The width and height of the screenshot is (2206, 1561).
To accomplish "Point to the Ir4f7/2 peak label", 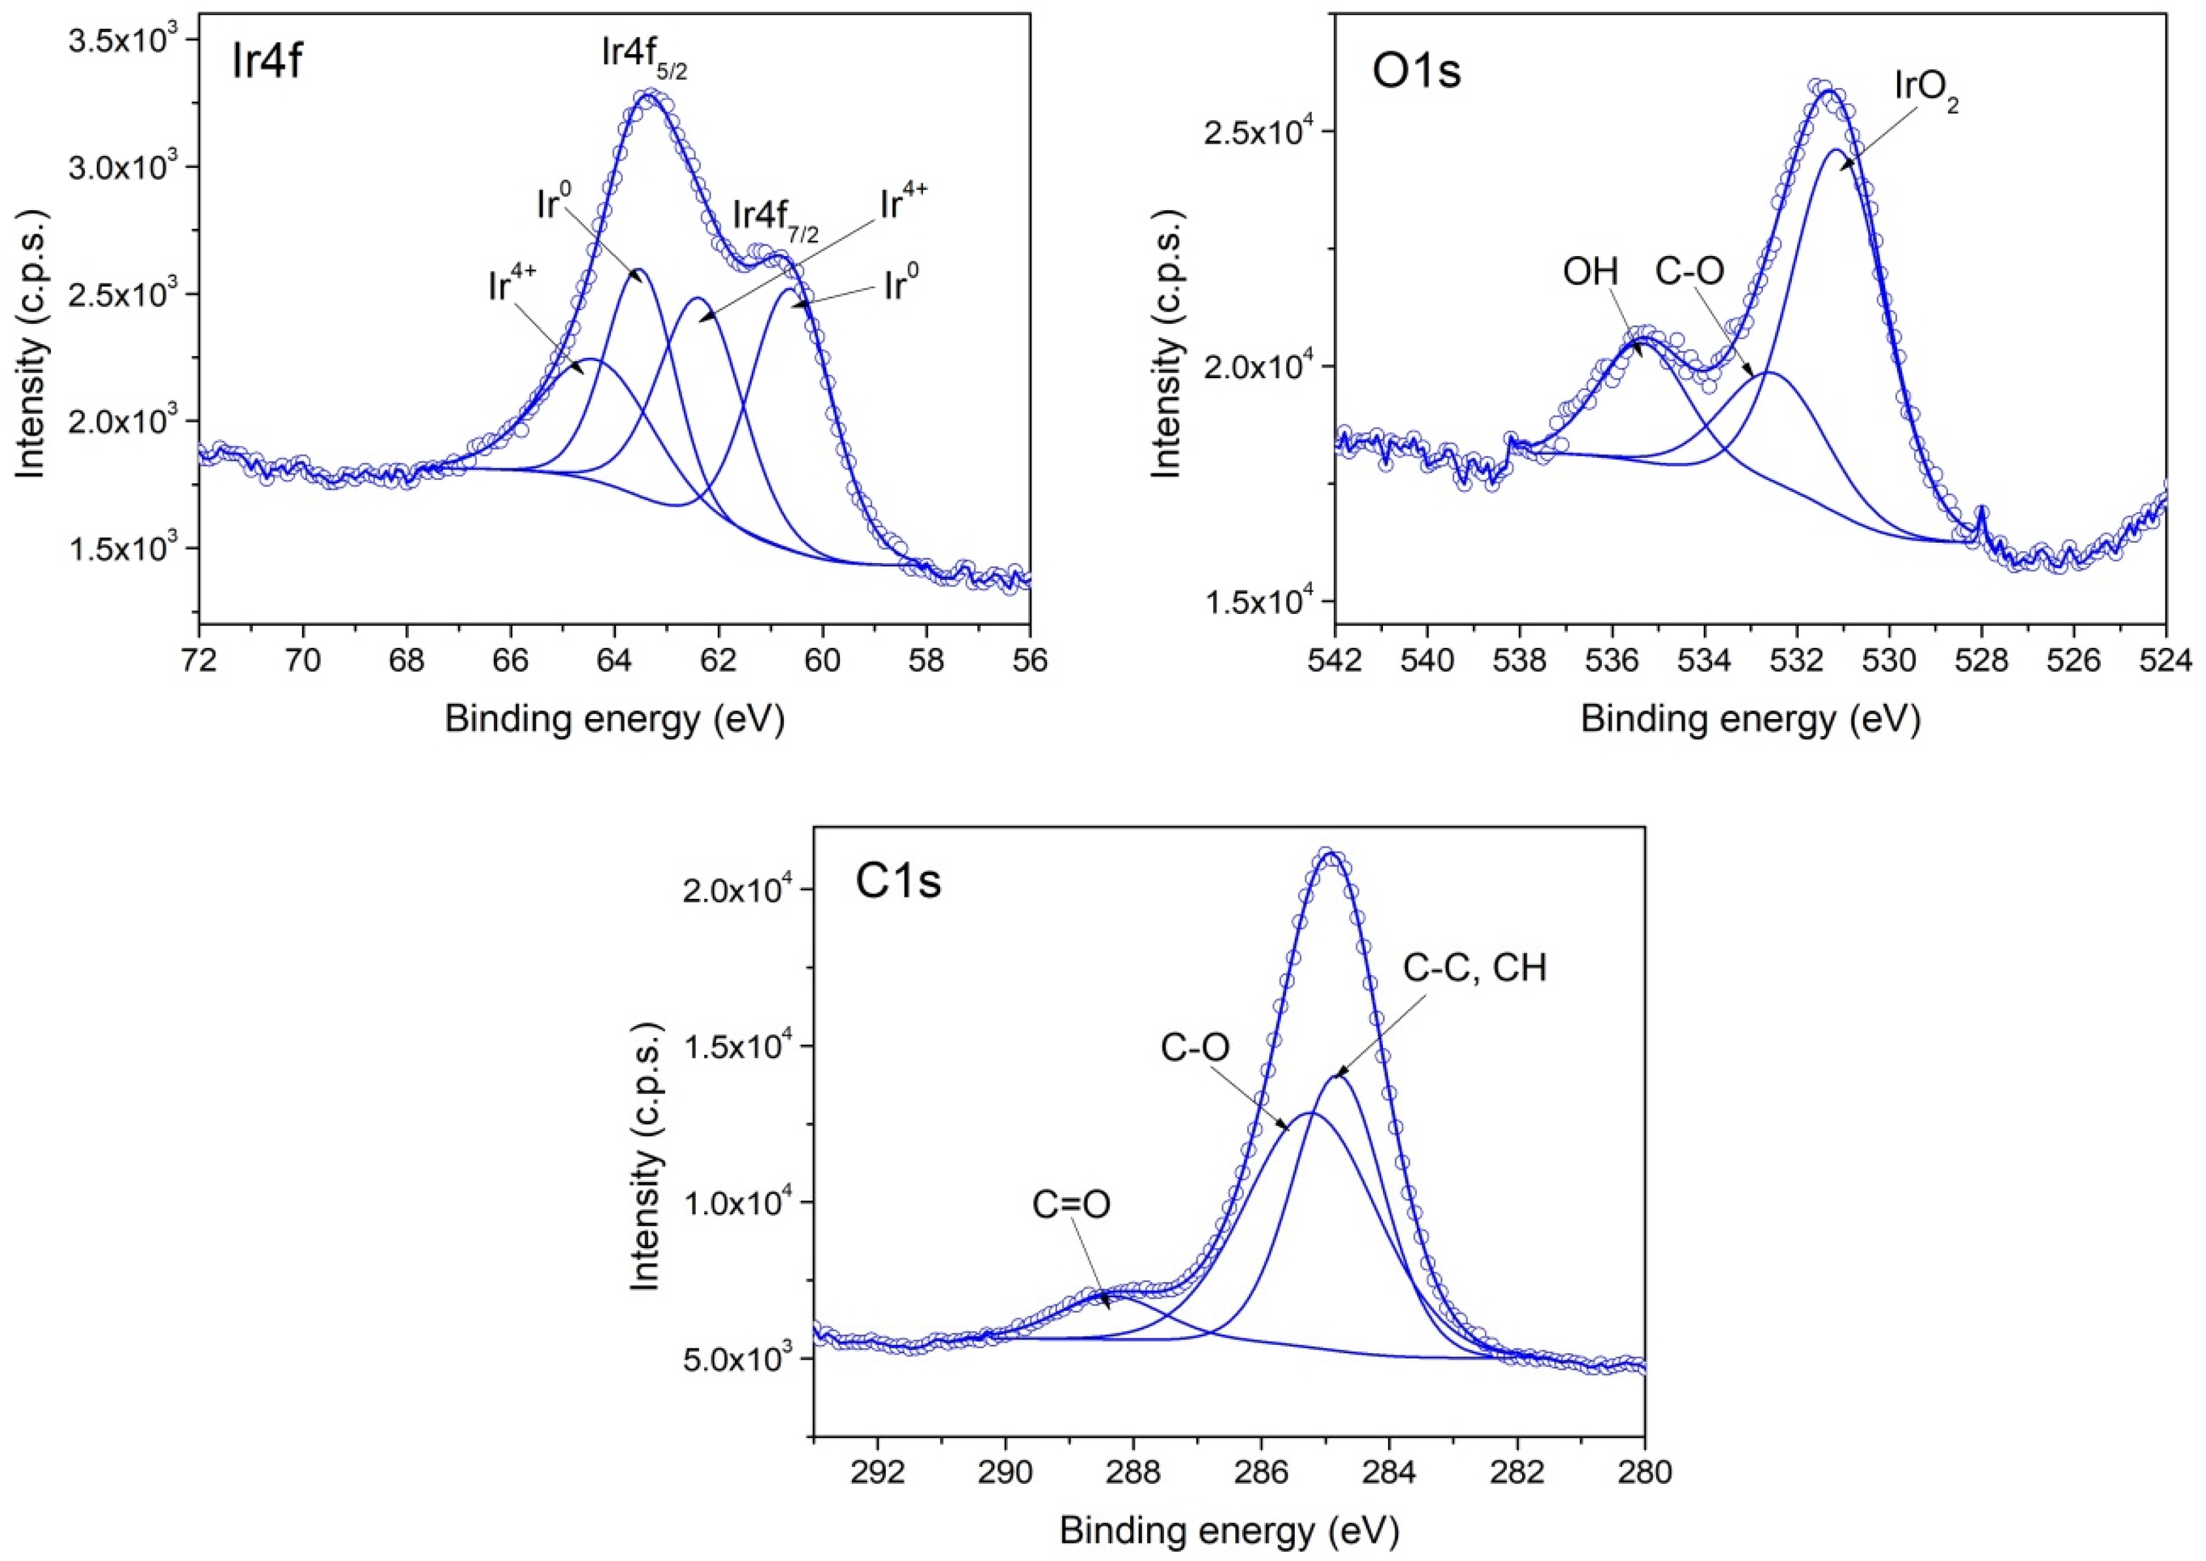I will pos(775,218).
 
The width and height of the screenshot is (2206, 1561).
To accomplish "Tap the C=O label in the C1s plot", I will pos(1071,1204).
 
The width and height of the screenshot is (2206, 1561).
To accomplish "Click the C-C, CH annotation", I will pos(1474,968).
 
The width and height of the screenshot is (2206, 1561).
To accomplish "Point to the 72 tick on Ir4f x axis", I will pos(200,662).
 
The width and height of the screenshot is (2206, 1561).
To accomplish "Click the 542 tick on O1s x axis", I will pos(1336,662).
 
